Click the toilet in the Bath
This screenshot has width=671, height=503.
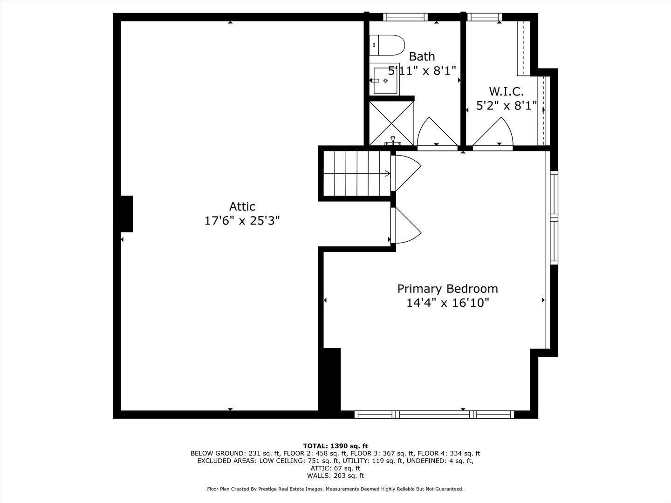tap(387, 45)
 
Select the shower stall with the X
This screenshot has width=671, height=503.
tap(391, 123)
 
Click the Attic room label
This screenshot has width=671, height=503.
tap(242, 206)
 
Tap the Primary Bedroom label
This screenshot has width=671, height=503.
tap(447, 289)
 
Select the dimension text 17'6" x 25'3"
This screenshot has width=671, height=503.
tap(242, 220)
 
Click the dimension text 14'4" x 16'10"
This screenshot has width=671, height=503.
tap(447, 303)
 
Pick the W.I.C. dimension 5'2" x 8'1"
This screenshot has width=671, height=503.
tap(507, 106)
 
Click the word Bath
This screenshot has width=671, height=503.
tap(422, 56)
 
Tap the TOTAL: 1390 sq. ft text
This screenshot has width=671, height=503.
tap(335, 446)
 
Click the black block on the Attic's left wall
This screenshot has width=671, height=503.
tap(127, 214)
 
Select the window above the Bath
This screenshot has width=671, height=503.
tap(405, 17)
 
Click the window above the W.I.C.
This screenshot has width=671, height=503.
tap(485, 17)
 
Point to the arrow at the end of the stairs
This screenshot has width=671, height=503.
tap(387, 173)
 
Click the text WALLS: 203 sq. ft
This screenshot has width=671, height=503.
tap(335, 476)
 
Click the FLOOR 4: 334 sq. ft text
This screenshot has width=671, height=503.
tap(449, 454)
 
